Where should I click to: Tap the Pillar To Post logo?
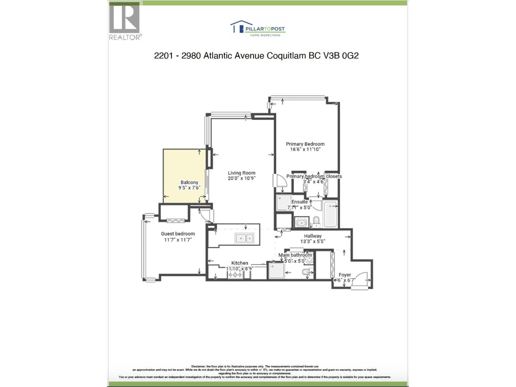point(258,29)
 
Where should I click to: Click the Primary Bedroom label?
point(305,144)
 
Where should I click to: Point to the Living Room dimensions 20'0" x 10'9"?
point(242,178)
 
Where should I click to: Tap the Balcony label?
point(189,182)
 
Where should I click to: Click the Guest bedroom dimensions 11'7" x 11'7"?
point(178,240)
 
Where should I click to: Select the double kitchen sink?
point(244,238)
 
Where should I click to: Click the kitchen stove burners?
point(235,275)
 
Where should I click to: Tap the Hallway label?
point(313,236)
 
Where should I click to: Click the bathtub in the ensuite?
point(330,214)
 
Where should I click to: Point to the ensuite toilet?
point(316,221)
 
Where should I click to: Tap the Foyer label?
point(345,275)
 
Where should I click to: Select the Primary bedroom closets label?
point(314,176)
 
